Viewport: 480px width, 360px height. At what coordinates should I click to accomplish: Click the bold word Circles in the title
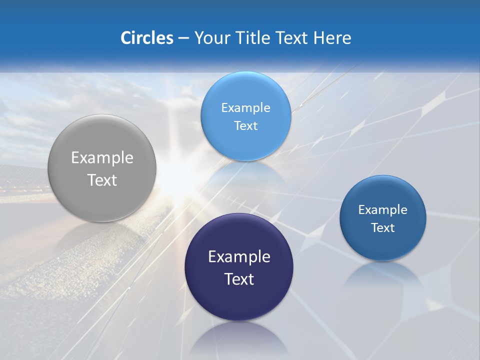[146, 38]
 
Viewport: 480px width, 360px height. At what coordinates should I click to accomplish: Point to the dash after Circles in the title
[183, 38]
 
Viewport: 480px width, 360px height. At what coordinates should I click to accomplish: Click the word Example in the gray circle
[102, 158]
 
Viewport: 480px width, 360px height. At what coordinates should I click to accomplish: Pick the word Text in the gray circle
[102, 180]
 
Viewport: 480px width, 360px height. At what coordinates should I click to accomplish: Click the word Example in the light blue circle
[245, 107]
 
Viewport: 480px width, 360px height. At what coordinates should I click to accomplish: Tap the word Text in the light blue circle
[245, 125]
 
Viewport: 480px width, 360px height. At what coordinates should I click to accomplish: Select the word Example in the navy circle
[239, 257]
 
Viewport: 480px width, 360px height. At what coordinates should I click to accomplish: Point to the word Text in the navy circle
[239, 279]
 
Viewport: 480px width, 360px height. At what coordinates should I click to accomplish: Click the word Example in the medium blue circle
[383, 209]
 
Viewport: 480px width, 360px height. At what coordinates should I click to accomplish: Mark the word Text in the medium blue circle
[383, 227]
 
